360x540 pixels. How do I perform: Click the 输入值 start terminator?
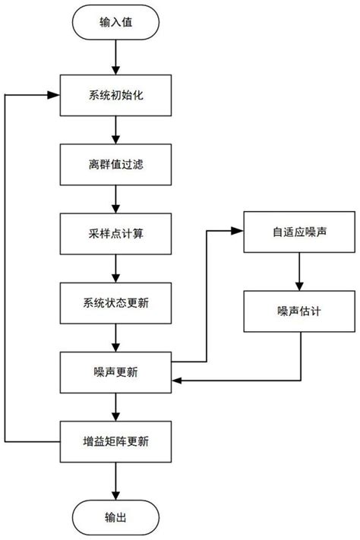[x=115, y=24]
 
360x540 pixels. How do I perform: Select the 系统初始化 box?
[x=115, y=96]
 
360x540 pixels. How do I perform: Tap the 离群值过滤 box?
[x=115, y=164]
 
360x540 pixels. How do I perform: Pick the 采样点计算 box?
[x=115, y=234]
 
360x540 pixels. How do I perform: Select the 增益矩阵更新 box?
[x=115, y=440]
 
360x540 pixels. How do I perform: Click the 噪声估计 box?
[x=300, y=311]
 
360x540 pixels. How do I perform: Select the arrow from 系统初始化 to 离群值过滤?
[x=115, y=131]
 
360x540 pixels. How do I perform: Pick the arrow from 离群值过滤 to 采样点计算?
[x=115, y=199]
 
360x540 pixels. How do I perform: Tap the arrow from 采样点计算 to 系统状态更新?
[x=115, y=268]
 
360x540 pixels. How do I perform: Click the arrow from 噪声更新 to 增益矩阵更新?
[x=115, y=406]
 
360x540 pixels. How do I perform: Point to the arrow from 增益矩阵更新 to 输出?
[x=115, y=478]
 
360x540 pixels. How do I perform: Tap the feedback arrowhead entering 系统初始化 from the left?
[x=55, y=96]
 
